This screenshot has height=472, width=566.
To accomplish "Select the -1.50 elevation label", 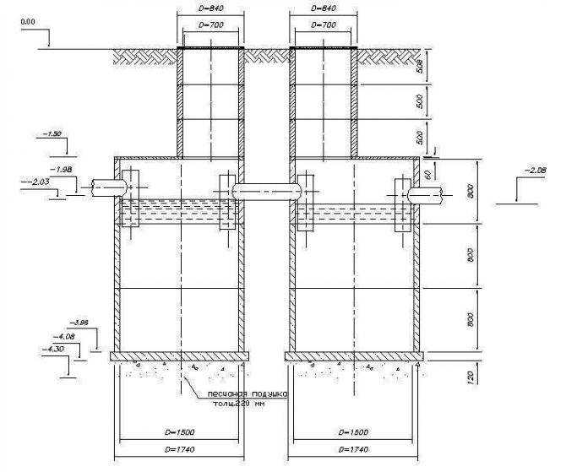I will coord(52,134).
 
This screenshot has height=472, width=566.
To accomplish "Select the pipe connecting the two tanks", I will coord(266,192).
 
